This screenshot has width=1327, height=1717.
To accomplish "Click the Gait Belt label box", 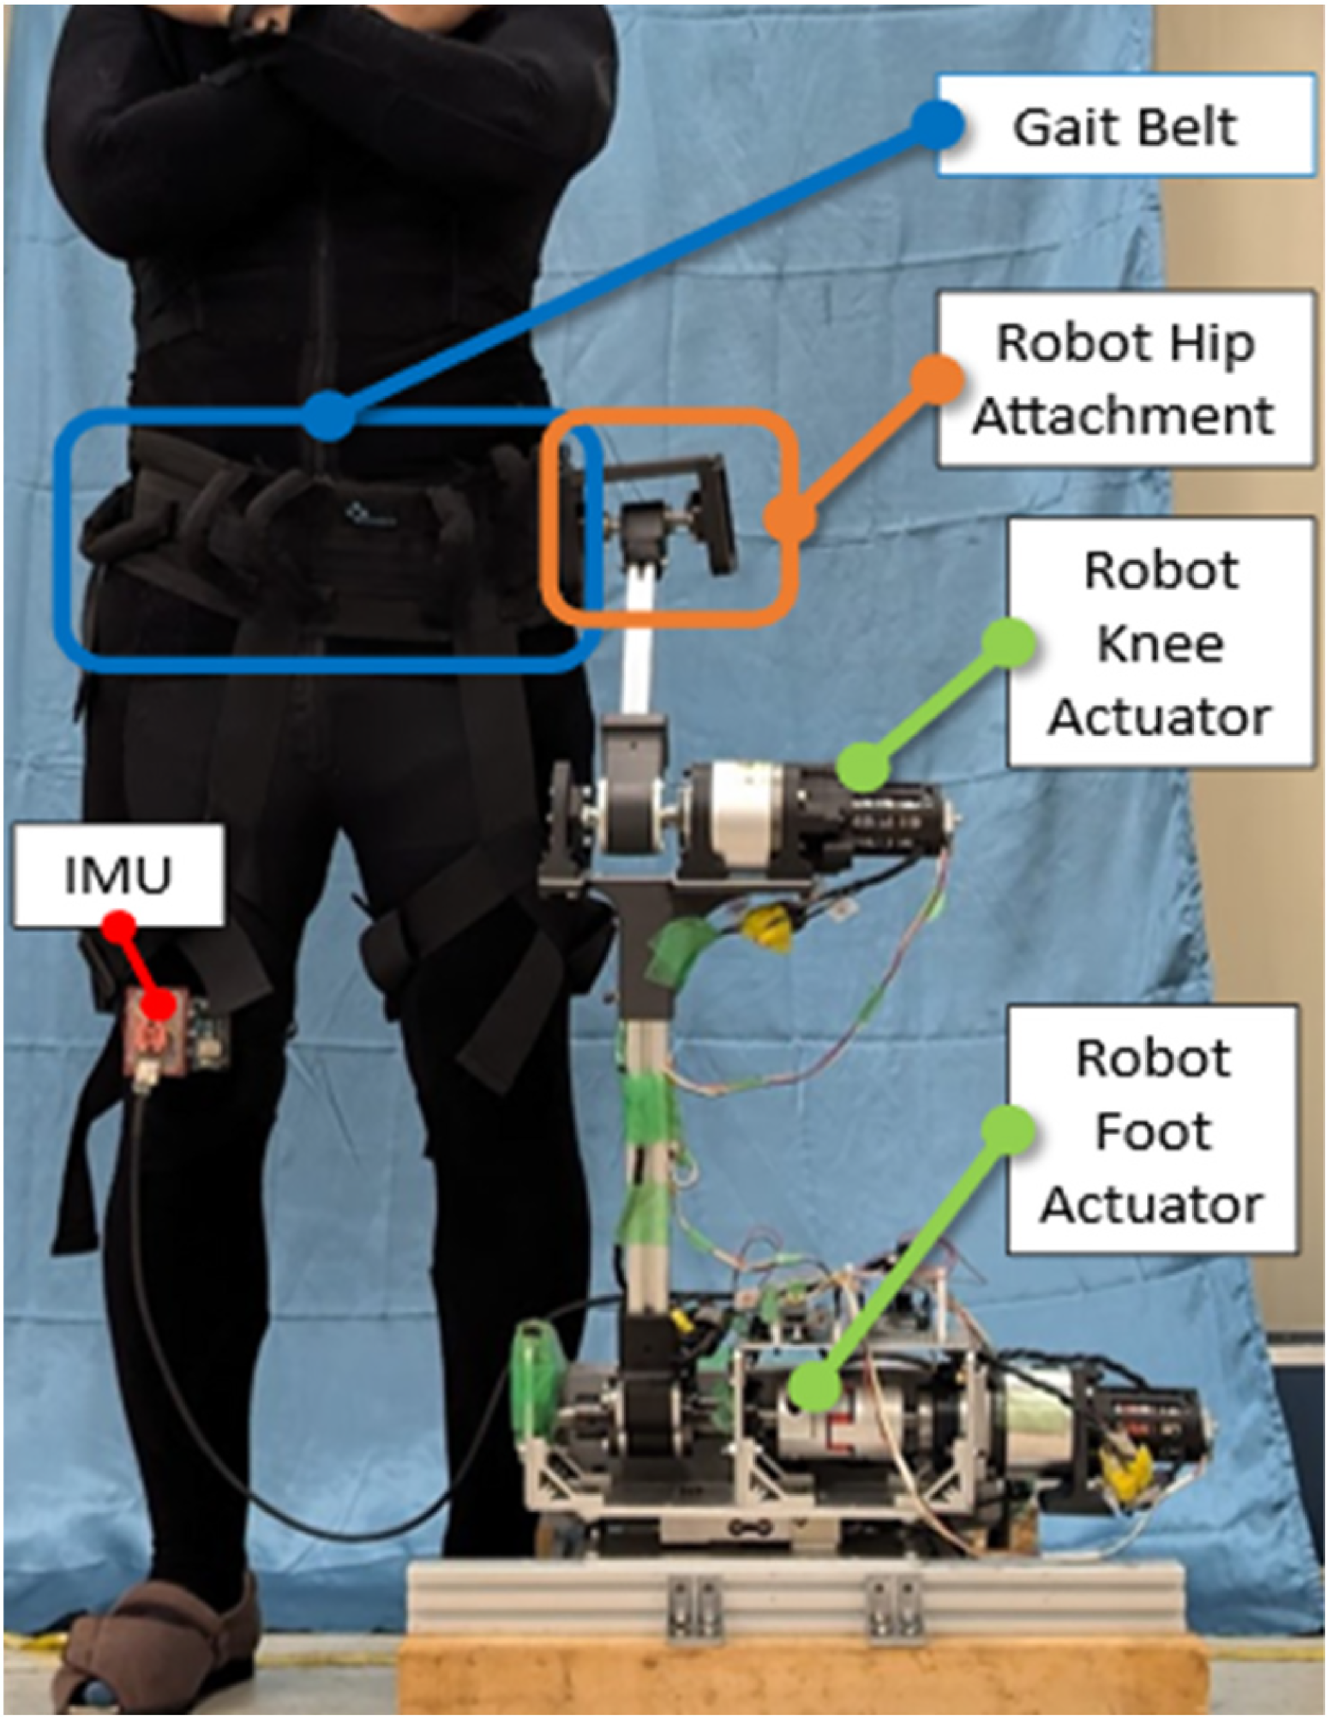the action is pos(1124,125).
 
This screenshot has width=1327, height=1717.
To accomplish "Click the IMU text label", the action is pos(118,874).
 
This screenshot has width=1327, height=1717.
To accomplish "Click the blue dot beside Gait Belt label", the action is pos(937,126).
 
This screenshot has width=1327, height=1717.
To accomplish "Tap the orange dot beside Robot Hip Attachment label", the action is pos(937,378).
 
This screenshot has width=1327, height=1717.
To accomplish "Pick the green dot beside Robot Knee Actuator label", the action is pos(1009,643).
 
